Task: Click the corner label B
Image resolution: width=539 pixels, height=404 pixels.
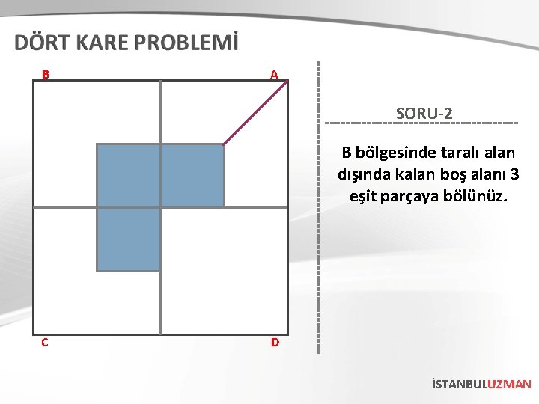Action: coord(46,75)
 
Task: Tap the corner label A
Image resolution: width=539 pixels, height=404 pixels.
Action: coord(275,75)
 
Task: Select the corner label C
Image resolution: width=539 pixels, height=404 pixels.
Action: coord(46,343)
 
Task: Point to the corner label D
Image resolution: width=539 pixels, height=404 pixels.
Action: coord(275,343)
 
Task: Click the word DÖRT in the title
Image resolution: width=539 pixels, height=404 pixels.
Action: coord(43,43)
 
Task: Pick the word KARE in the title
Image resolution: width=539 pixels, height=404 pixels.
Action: coord(103,43)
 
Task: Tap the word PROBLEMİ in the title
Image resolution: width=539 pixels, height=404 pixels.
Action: coord(187,43)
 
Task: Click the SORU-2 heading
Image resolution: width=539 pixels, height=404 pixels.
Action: coord(424,114)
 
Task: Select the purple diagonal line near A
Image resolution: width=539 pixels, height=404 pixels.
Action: coord(256,112)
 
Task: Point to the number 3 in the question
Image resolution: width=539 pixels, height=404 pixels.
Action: coord(514,175)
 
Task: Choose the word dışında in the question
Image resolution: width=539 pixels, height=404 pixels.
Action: coord(363,175)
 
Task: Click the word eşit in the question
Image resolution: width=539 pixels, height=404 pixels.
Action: coord(365,198)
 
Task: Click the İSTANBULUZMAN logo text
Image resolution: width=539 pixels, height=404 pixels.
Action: coord(481,384)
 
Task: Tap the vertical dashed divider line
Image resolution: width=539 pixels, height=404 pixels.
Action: coord(320,224)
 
